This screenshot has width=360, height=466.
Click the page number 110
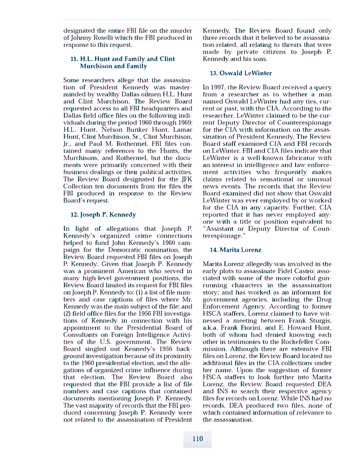pos(197,439)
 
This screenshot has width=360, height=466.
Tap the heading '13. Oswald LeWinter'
pos(240,73)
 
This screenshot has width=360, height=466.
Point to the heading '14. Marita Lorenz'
pos(235,249)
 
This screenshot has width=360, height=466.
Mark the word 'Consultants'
pos(83,334)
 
